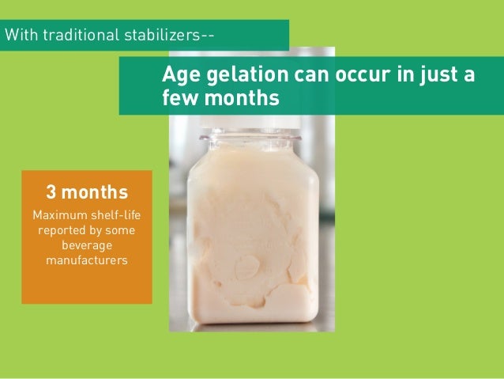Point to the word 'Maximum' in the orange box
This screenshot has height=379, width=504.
pos(58,215)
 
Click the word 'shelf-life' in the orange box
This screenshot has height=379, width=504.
pos(113,215)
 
